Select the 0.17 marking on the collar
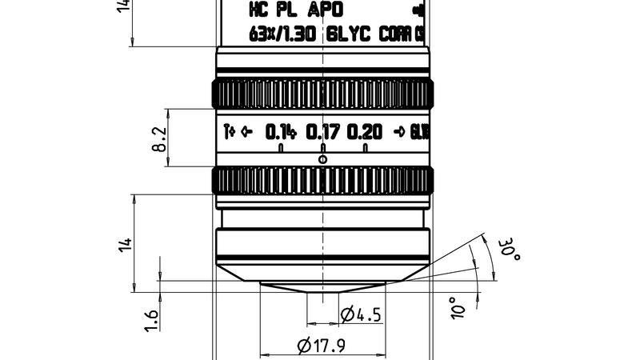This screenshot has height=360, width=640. click(322, 132)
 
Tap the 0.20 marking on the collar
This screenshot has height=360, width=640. click(365, 132)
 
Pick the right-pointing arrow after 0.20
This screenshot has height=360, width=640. click(399, 132)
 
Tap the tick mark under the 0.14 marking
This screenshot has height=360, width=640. click(281, 149)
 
